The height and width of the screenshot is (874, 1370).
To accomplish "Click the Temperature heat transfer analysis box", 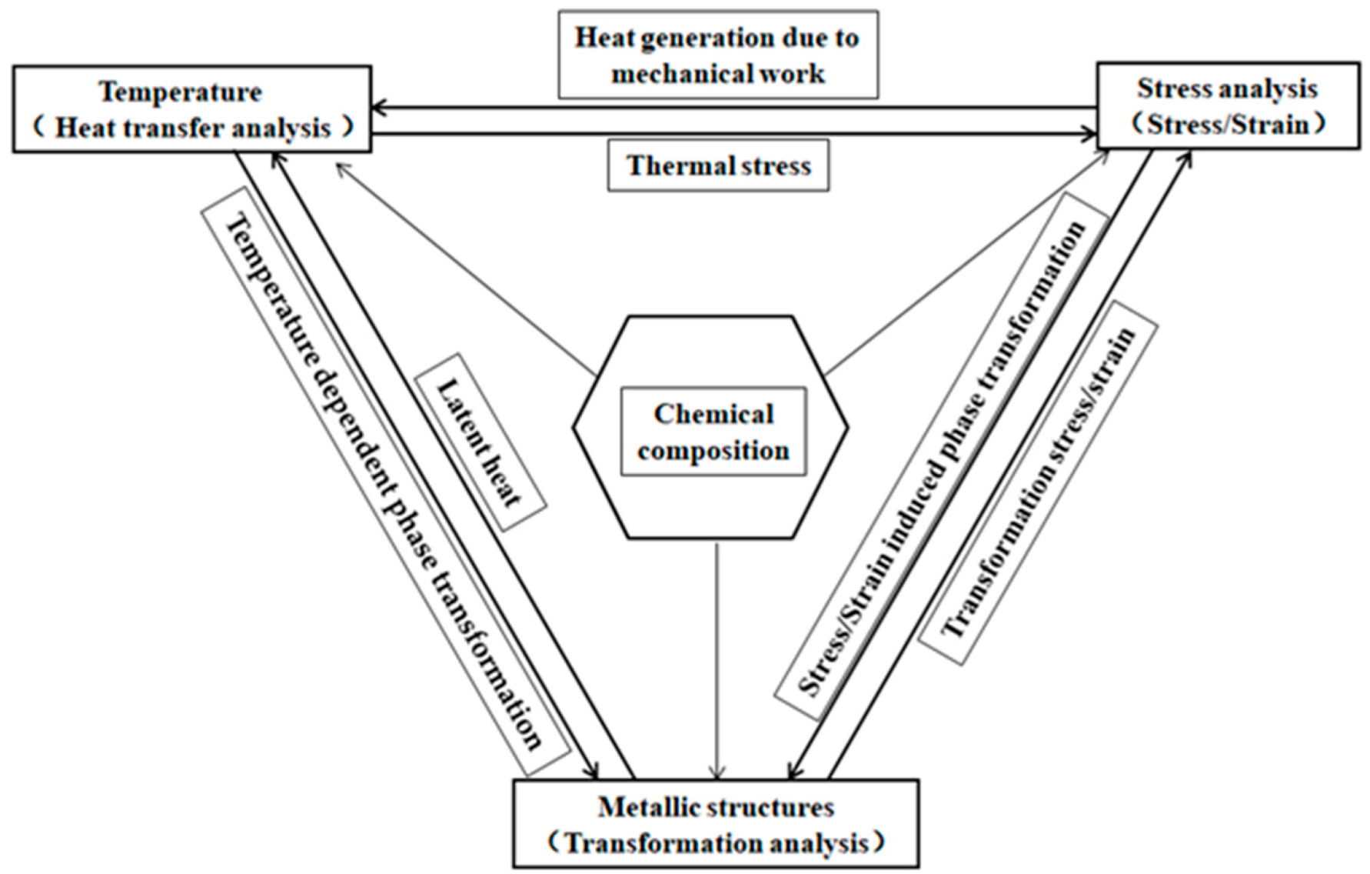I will (x=191, y=108).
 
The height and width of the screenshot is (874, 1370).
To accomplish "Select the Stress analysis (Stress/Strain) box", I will (x=1227, y=105).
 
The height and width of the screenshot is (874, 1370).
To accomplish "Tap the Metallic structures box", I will (x=715, y=824).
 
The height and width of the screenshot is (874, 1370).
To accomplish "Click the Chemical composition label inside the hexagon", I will (x=713, y=432).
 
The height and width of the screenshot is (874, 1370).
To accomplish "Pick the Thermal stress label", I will (x=718, y=165).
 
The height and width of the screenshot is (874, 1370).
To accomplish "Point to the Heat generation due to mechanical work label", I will (x=717, y=55).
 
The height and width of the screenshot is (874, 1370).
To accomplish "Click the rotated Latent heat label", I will (x=480, y=442).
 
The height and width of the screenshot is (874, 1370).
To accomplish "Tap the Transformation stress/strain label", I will (x=1039, y=482).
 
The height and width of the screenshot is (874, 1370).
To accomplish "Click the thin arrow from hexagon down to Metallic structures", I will (x=717, y=662).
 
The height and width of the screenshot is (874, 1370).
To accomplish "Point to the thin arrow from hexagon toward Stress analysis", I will (x=969, y=262).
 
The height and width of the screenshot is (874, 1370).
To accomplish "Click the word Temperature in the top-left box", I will (x=181, y=92).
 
